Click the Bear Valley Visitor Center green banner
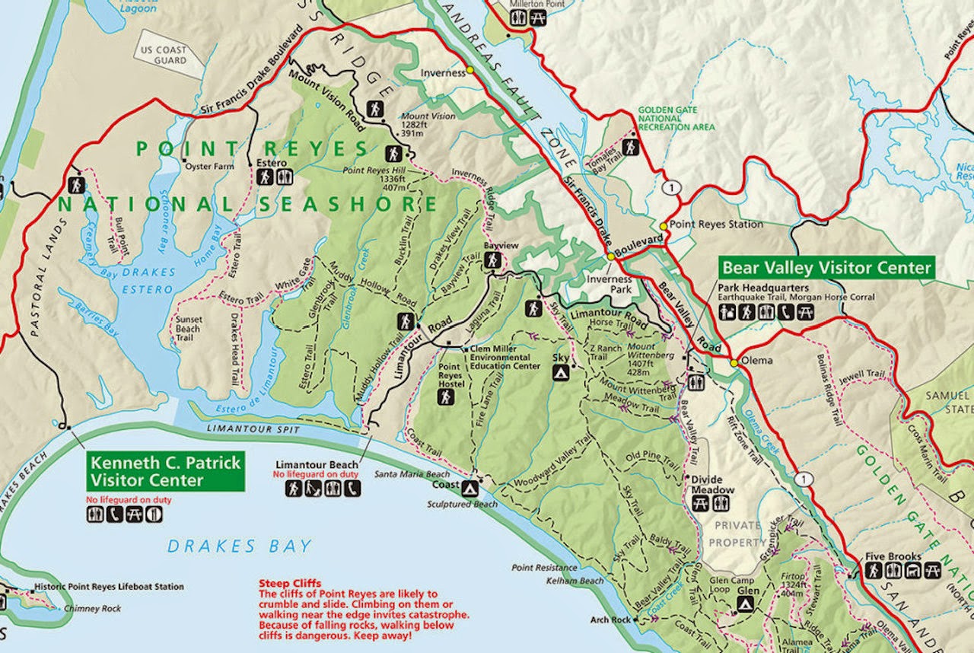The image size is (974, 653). [826, 268]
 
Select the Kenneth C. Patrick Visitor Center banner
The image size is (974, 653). [166, 471]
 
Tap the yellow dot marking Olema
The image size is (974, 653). [734, 363]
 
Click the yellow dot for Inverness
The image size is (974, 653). [470, 69]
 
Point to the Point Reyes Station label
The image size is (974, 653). [715, 225]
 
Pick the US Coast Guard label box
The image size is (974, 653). [163, 56]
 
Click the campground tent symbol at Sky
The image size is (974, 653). [561, 373]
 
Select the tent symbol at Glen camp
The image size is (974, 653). [746, 605]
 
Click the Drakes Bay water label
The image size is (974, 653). [240, 546]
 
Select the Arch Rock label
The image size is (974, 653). [610, 620]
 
